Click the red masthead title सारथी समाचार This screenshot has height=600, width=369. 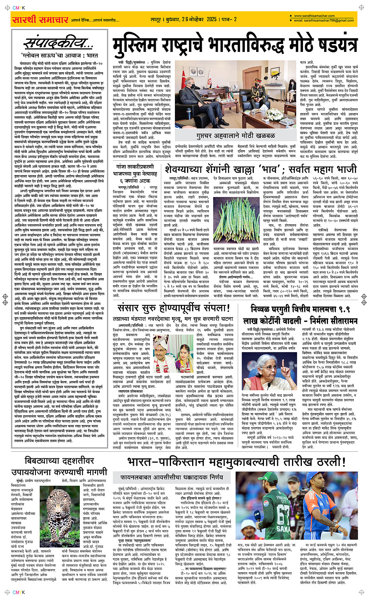40,19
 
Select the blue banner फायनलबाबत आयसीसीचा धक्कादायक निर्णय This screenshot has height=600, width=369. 172,477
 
